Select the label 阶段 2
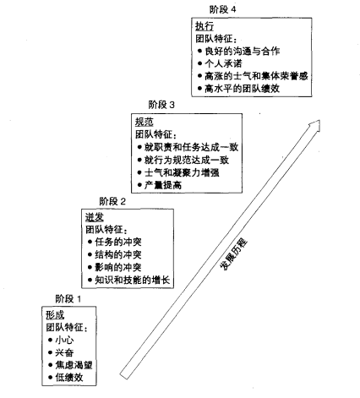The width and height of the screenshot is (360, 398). [x=112, y=201]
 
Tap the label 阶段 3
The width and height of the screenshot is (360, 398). [x=161, y=105]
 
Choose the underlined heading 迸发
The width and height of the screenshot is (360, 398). [x=94, y=217]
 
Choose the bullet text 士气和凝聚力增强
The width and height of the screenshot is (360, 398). [x=186, y=172]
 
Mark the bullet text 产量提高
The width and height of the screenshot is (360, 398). [x=168, y=184]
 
